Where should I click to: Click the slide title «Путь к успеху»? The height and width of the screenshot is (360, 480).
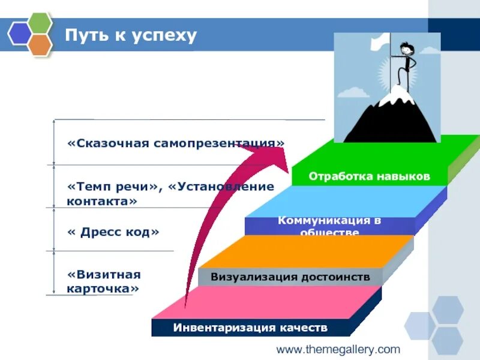131,35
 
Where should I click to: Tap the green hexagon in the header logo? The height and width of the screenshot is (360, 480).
40,23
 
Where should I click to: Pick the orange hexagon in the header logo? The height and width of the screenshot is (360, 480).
40,45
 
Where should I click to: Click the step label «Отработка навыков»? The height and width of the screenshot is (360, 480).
370,176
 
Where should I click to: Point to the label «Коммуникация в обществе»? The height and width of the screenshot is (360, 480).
329,226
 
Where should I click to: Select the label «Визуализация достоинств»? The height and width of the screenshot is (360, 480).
290,277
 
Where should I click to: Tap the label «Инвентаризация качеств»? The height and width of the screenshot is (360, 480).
251,328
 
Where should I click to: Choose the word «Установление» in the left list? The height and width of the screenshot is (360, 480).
221,187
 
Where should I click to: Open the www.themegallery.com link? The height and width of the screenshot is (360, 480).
338,349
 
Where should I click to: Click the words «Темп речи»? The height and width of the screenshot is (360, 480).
115,187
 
